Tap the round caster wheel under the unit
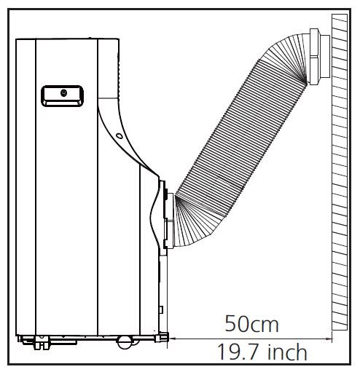125,339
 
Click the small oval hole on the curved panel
118,135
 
